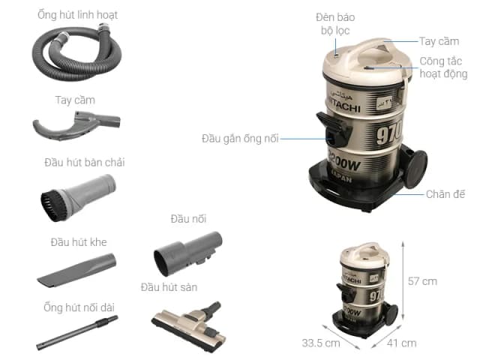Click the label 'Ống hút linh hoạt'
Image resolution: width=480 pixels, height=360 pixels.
tap(77, 14)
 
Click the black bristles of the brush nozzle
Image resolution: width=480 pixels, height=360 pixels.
tap(50, 202)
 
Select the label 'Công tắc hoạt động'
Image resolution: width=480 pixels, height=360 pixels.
tap(442, 67)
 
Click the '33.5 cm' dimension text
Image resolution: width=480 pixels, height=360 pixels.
tap(320, 343)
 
